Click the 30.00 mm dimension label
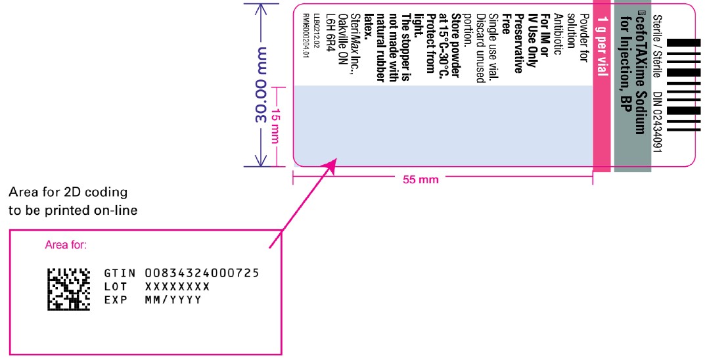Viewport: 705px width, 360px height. pos(260,85)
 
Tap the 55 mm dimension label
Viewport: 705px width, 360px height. pos(420,179)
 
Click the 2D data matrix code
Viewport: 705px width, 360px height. pos(68,288)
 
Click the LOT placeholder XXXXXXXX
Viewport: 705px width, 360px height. pos(177,286)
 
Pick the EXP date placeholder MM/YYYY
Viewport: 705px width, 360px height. pos(173,300)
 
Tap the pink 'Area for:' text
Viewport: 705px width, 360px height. pos(66,246)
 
